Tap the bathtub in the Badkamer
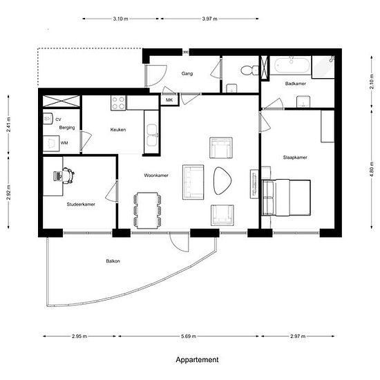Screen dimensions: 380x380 [292, 65]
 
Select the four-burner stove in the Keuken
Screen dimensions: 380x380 [118, 103]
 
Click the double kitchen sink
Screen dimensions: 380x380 [152, 135]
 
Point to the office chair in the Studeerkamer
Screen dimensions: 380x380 [68, 175]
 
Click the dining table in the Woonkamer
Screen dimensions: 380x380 [147, 210]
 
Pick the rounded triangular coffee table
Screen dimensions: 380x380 [222, 180]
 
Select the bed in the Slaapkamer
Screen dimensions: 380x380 [287, 198]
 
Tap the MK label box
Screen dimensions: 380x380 [169, 99]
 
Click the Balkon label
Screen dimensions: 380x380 [113, 261]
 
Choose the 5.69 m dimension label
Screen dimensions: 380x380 [189, 336]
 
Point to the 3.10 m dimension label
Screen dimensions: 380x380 [120, 19]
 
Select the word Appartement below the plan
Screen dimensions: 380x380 [197, 360]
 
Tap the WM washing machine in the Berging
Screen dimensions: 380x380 [51, 144]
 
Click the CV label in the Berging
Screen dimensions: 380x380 [58, 120]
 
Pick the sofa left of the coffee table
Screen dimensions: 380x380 [193, 182]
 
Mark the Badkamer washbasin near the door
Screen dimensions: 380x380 [303, 102]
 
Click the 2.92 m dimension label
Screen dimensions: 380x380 [9, 193]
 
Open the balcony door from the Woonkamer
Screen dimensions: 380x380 [179, 242]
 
